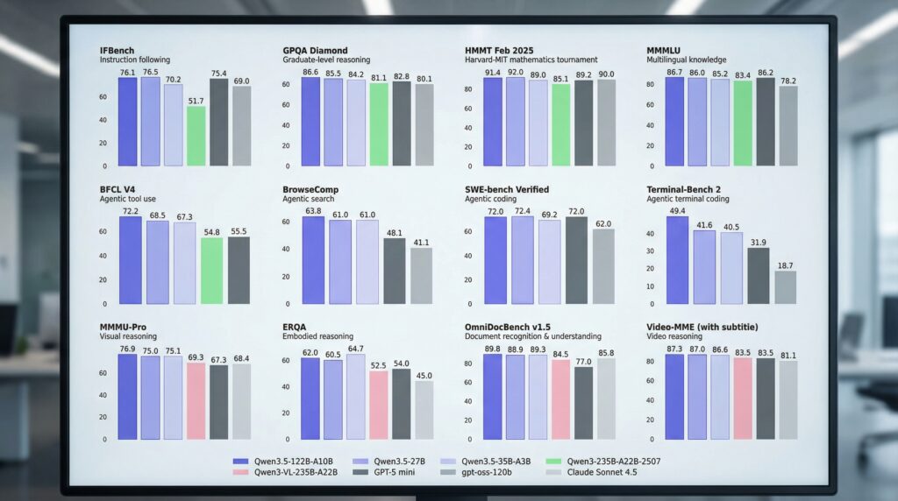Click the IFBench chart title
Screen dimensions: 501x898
[x=118, y=51]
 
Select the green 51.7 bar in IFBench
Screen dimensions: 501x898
[x=196, y=136]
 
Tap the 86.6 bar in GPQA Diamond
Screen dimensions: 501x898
[x=310, y=122]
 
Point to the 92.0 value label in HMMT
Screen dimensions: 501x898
[x=515, y=73]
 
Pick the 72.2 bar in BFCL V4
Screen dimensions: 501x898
[x=129, y=259]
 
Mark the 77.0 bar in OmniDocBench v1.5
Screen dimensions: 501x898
[x=583, y=403]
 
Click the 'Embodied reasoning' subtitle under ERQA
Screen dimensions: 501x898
[x=318, y=336]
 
